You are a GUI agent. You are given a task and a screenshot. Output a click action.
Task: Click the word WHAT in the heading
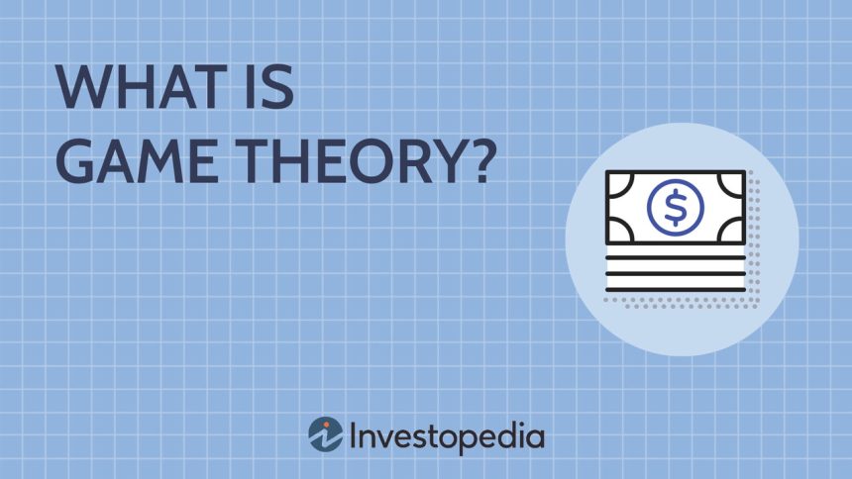click(142, 87)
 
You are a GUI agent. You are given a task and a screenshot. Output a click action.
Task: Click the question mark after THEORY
click(480, 160)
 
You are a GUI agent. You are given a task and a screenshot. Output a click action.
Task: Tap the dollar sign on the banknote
click(676, 208)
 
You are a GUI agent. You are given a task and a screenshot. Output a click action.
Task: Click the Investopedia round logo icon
click(326, 434)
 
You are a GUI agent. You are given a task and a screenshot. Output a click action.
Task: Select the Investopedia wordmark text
click(447, 437)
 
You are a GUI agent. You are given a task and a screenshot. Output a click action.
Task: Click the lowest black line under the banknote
click(676, 289)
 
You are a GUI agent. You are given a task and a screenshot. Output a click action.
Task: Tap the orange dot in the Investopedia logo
click(327, 426)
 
